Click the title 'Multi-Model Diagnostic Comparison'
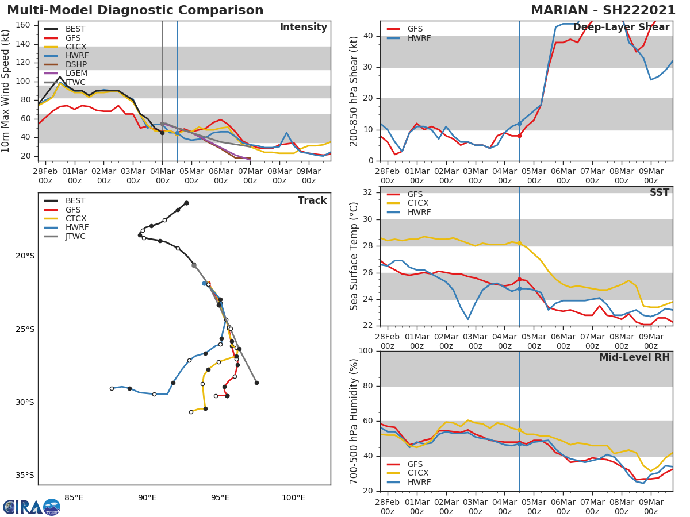pyautogui.click(x=135, y=10)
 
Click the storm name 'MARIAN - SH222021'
pyautogui.click(x=603, y=10)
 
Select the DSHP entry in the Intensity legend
pyautogui.click(x=76, y=64)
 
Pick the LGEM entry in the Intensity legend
pyautogui.click(x=76, y=74)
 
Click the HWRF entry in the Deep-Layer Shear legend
pyautogui.click(x=419, y=38)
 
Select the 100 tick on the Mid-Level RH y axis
pyautogui.click(x=369, y=351)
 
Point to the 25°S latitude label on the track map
pyautogui.click(x=25, y=329)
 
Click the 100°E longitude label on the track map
pyautogui.click(x=293, y=497)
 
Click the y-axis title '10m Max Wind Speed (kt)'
pyautogui.click(x=7, y=91)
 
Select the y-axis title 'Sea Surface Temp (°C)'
pyautogui.click(x=354, y=257)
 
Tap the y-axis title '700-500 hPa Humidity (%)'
pyautogui.click(x=354, y=421)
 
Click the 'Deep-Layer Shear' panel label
pyautogui.click(x=621, y=28)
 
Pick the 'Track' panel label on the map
pyautogui.click(x=312, y=200)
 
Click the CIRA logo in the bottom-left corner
pyautogui.click(x=32, y=507)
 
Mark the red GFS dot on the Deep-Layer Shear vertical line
pyautogui.click(x=519, y=136)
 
